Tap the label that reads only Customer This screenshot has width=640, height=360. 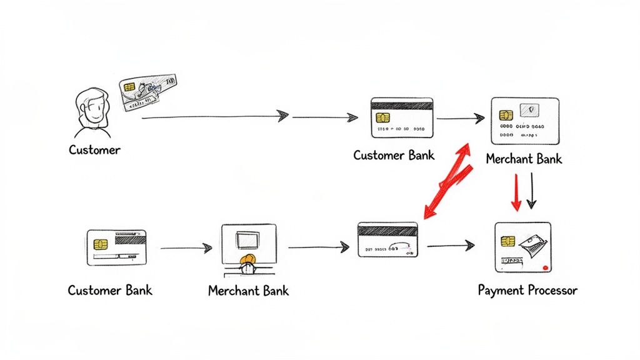(94, 150)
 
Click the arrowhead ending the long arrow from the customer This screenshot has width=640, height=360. (282, 116)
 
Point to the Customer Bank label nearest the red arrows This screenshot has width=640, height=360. (394, 155)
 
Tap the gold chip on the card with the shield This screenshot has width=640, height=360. (506, 115)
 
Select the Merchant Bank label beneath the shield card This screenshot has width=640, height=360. (524, 159)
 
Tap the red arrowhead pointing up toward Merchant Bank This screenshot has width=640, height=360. (463, 149)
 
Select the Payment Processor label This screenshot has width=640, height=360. (527, 290)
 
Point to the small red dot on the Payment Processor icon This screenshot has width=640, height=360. (546, 267)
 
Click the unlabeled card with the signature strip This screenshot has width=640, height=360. (387, 239)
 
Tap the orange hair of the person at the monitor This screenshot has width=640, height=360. (248, 259)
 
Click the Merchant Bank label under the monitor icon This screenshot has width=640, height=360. (248, 291)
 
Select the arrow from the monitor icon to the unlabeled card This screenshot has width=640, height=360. (318, 247)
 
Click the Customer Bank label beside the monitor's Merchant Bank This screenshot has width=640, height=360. (110, 290)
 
